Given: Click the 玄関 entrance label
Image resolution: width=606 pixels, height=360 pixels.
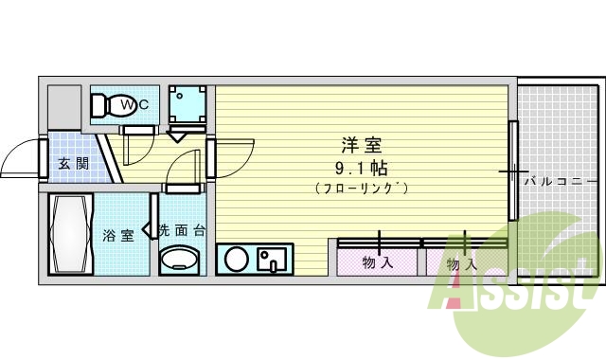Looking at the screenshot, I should tap(73, 163).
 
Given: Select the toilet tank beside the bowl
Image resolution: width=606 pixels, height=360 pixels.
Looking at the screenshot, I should tap(99, 105).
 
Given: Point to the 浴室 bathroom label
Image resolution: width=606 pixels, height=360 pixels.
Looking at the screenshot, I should tap(117, 235).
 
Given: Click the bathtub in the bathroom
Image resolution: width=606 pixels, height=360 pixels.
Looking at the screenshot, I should tap(69, 233).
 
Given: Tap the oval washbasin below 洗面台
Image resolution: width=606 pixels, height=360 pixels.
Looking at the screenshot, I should tap(179, 258).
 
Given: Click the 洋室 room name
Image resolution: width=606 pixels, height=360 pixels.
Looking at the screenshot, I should tap(362, 146).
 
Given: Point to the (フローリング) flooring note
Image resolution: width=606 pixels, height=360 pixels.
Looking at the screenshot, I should tap(362, 189).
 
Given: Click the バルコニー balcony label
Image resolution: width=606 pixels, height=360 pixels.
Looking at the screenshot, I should tap(561, 179).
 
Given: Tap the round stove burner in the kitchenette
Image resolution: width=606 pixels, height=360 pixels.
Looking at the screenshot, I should tap(237, 259).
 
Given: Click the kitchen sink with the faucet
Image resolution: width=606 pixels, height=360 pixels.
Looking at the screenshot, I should tap(273, 259).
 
